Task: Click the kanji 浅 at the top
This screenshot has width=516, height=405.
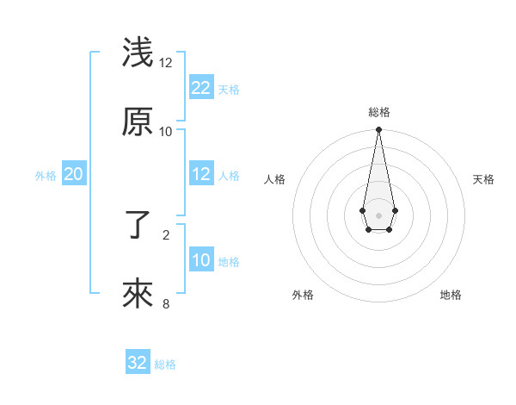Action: coord(138,53)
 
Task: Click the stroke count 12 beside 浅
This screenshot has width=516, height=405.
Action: coord(166,63)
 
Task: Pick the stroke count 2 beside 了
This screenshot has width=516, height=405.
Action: coord(166,234)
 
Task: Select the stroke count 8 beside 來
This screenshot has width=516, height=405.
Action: coord(166,302)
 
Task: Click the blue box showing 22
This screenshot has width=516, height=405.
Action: coord(201,87)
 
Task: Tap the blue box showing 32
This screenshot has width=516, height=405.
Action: coord(138,363)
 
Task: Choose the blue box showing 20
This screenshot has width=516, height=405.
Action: coord(74,174)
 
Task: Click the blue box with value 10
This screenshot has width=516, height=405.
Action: coord(201,260)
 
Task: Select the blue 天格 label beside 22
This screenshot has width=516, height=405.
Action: coord(229,89)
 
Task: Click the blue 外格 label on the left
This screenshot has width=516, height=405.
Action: coord(46,176)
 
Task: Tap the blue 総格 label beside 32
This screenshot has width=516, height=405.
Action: coord(165,364)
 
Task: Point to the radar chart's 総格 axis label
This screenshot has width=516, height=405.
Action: coord(379,112)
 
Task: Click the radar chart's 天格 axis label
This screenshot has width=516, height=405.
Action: coord(483,179)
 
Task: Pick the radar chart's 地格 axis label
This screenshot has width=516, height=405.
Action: coord(451,295)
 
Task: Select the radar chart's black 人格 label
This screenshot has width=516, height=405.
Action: coord(275,179)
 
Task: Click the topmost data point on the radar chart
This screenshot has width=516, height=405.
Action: coord(378,130)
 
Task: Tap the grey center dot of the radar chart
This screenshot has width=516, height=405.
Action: coord(378,214)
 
